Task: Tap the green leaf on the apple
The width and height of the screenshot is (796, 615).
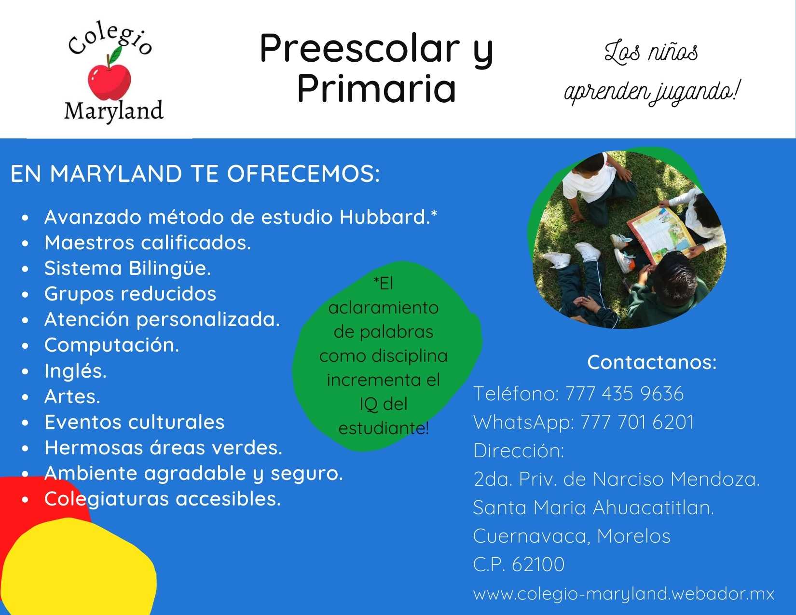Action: coord(116,54)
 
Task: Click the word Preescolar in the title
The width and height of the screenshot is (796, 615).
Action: coord(360,48)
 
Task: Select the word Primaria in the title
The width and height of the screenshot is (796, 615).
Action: coord(377,88)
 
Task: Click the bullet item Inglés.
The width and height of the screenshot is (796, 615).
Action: coord(75,370)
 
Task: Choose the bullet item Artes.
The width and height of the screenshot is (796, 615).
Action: coord(72,396)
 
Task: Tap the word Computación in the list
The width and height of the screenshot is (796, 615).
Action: coord(112,345)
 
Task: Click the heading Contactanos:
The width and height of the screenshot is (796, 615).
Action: coord(652,362)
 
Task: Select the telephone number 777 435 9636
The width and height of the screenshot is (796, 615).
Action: coord(624,394)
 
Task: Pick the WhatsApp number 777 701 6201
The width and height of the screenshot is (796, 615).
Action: coord(637,422)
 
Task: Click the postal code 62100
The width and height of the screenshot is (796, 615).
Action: coord(538,564)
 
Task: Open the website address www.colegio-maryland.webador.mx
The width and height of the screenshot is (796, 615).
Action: coord(623,593)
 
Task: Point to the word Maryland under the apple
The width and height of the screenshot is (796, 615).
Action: coord(114,110)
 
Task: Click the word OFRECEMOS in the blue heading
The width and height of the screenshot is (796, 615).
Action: coord(303,174)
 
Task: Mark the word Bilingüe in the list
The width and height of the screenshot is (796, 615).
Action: coord(170,268)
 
